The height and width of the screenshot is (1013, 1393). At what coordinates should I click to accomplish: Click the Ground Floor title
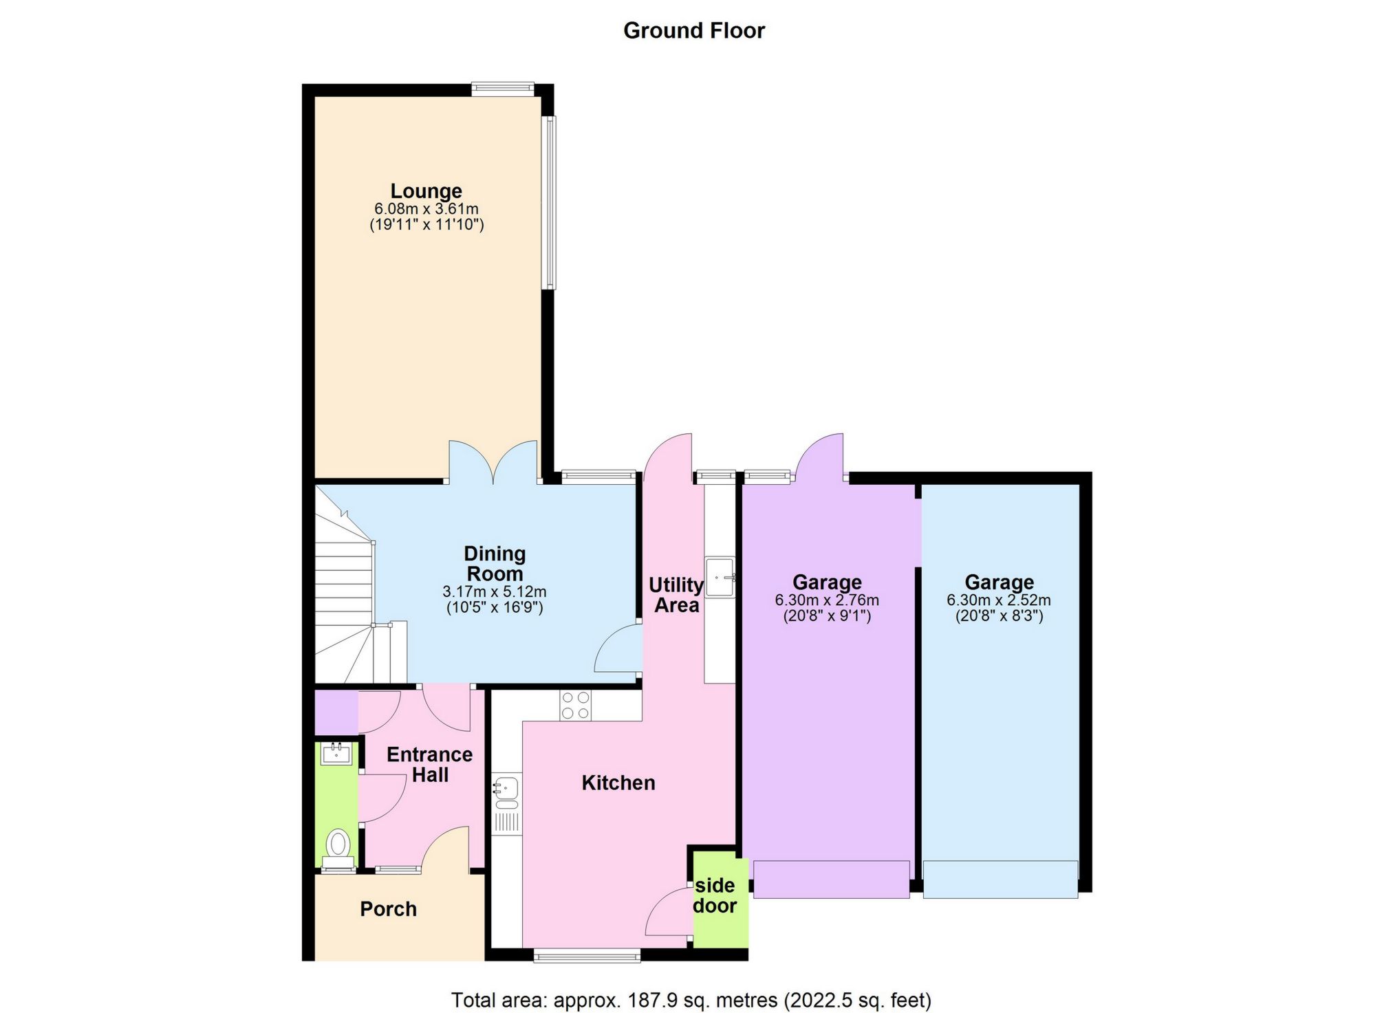point(693,30)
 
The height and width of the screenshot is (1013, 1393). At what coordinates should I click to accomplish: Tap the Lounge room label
point(426,190)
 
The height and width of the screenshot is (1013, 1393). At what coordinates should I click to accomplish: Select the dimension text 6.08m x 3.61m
point(426,208)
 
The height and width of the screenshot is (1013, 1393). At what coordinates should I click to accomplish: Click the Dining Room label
point(495,563)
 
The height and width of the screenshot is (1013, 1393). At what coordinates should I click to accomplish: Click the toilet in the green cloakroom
point(337,845)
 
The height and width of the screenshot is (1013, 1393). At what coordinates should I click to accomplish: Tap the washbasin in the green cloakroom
point(336,754)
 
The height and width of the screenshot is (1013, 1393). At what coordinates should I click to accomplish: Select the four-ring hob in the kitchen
point(575,706)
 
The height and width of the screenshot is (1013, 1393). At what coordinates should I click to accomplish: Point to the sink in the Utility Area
point(720,576)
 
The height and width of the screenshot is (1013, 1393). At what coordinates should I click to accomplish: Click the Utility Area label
point(676,595)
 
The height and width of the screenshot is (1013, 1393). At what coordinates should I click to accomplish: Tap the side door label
point(715,895)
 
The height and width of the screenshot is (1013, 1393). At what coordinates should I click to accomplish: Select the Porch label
point(388,909)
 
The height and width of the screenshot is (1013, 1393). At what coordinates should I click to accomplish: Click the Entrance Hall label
point(429,764)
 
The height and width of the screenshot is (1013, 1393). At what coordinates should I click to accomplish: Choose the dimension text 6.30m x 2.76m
point(827,600)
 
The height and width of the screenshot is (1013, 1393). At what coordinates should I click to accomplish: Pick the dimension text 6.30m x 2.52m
point(998,600)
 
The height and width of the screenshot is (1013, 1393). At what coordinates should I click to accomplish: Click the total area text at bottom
point(691,999)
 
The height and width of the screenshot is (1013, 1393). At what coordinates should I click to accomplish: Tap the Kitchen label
point(618,783)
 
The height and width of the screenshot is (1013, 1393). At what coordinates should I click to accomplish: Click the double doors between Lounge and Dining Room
point(493,464)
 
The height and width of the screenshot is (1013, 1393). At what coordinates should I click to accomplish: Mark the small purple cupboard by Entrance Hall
point(336,712)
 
